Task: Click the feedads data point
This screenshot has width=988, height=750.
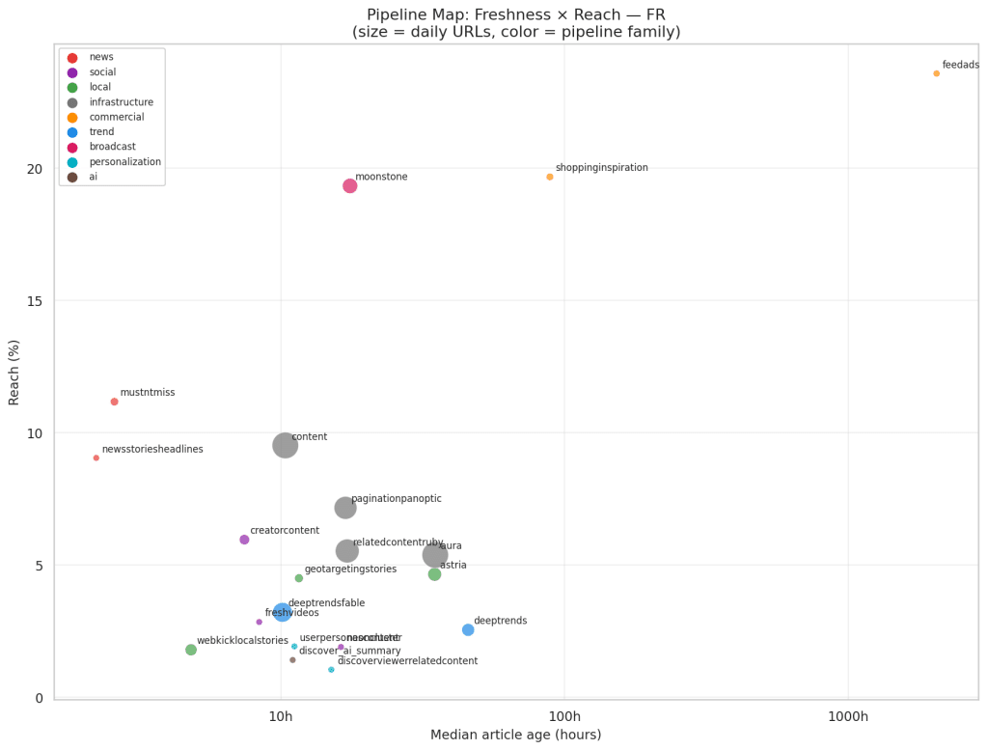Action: coord(936,73)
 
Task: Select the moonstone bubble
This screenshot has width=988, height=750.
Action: coord(350,185)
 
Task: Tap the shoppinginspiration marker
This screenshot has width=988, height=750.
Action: coord(550,177)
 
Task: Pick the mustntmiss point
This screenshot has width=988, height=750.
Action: coord(114,402)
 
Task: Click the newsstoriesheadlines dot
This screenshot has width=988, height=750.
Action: coord(96,458)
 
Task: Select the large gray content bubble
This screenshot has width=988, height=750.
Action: coord(285,445)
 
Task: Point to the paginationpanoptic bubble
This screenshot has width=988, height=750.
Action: coord(345,508)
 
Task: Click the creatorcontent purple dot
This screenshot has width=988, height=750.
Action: coord(244,540)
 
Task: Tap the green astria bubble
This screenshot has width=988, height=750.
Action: coord(434,574)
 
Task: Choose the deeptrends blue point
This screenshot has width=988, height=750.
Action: coord(468,629)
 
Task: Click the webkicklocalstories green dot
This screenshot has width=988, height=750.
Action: coord(191,650)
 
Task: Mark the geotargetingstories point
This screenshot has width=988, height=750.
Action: coord(299,578)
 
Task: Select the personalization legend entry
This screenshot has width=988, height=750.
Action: coord(124,162)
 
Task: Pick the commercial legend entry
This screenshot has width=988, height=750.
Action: coord(116,117)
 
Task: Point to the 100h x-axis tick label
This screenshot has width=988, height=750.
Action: coord(564,717)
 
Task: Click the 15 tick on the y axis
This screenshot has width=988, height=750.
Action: coord(35,301)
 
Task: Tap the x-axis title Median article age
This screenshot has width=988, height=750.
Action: coord(515,736)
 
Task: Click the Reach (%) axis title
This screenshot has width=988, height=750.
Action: coord(14,372)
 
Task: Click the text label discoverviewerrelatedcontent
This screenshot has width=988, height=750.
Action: coord(407,661)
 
